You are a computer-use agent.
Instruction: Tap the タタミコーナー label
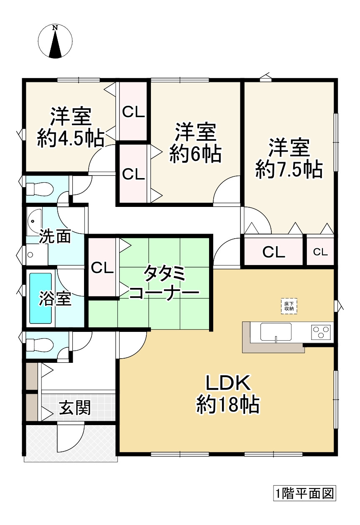click(x=164, y=283)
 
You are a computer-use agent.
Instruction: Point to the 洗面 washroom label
click(x=55, y=237)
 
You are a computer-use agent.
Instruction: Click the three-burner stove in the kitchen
click(x=321, y=332)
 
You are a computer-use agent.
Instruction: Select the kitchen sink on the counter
click(x=276, y=332)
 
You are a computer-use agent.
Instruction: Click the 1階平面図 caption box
click(x=304, y=494)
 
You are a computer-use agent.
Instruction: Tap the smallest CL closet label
click(x=320, y=252)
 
